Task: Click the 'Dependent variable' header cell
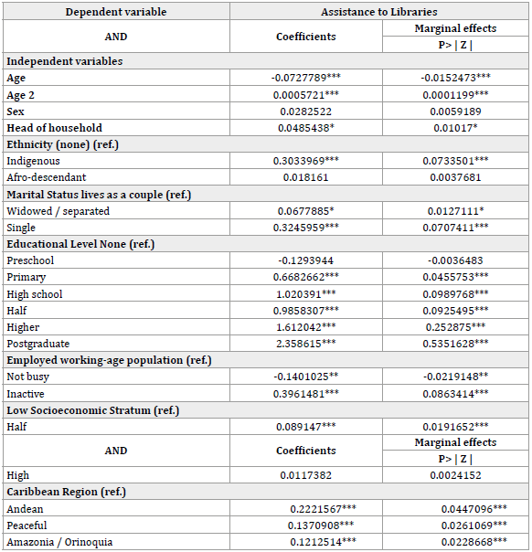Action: pyautogui.click(x=115, y=12)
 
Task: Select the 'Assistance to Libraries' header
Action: pyautogui.click(x=378, y=12)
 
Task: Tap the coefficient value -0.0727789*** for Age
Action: pyautogui.click(x=305, y=79)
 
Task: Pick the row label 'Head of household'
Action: pyautogui.click(x=54, y=128)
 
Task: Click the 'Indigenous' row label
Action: pyautogui.click(x=33, y=161)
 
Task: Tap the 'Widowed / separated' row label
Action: pyautogui.click(x=58, y=211)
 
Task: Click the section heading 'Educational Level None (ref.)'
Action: pyautogui.click(x=80, y=244)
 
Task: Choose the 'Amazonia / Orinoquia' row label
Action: pyautogui.click(x=59, y=542)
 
